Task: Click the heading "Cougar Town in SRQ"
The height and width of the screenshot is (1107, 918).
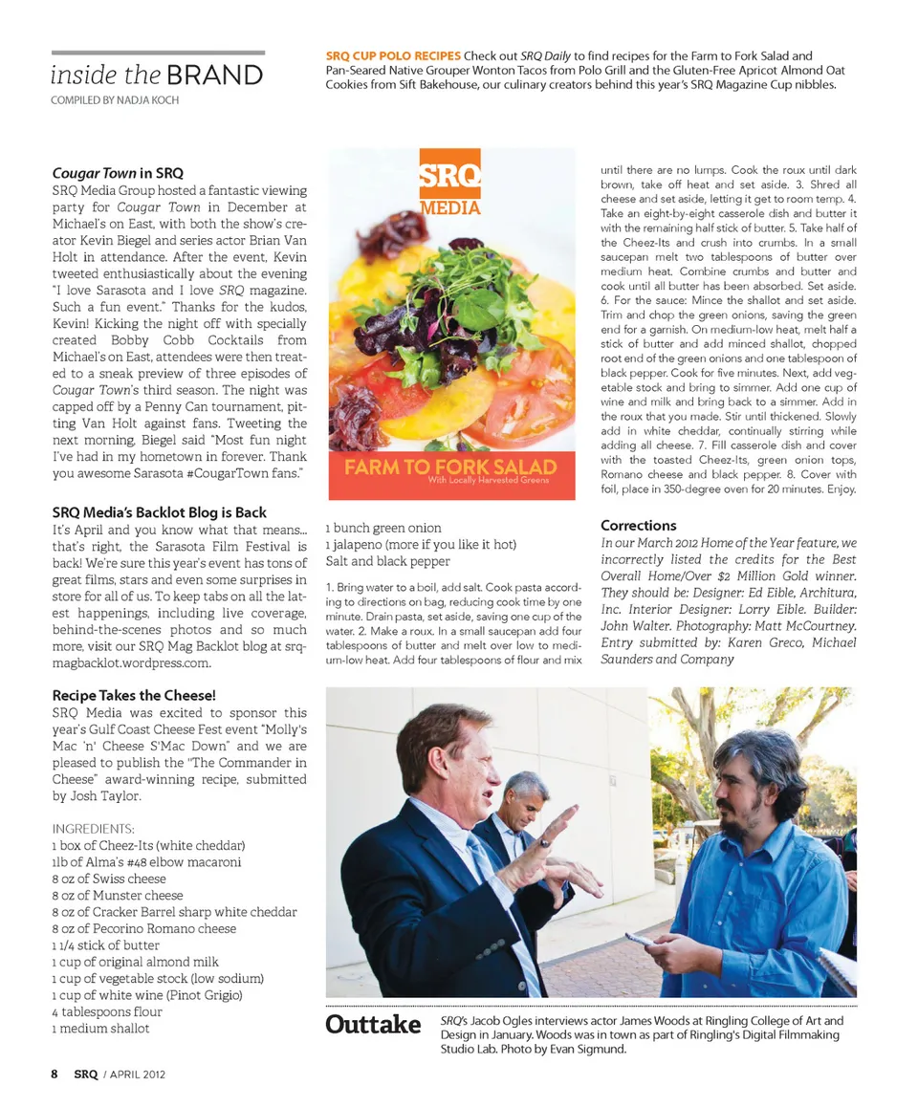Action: coord(118,174)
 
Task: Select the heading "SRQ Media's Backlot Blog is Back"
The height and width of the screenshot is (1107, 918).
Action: coord(159,512)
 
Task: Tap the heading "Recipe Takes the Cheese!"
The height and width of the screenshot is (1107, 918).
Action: coord(134,695)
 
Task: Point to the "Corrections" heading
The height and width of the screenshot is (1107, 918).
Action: coord(638,525)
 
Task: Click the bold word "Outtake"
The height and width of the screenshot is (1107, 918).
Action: coord(373,1025)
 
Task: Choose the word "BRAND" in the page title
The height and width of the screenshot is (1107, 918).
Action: coord(214,76)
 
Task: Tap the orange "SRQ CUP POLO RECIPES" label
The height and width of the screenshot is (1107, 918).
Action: coord(393,56)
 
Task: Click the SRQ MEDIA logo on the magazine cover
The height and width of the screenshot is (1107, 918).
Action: coord(449,187)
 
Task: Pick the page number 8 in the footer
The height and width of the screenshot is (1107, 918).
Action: coord(55,1074)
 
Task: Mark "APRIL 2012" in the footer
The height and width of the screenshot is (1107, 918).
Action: coord(138,1074)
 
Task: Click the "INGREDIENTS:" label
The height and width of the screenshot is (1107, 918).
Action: coord(93,828)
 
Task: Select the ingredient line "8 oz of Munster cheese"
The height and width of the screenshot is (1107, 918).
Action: coord(118,895)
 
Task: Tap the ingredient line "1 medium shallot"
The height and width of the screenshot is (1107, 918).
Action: coord(100,1029)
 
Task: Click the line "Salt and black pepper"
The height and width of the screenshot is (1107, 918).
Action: coord(387,561)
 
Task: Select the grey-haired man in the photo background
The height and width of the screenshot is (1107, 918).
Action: coord(524,798)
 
